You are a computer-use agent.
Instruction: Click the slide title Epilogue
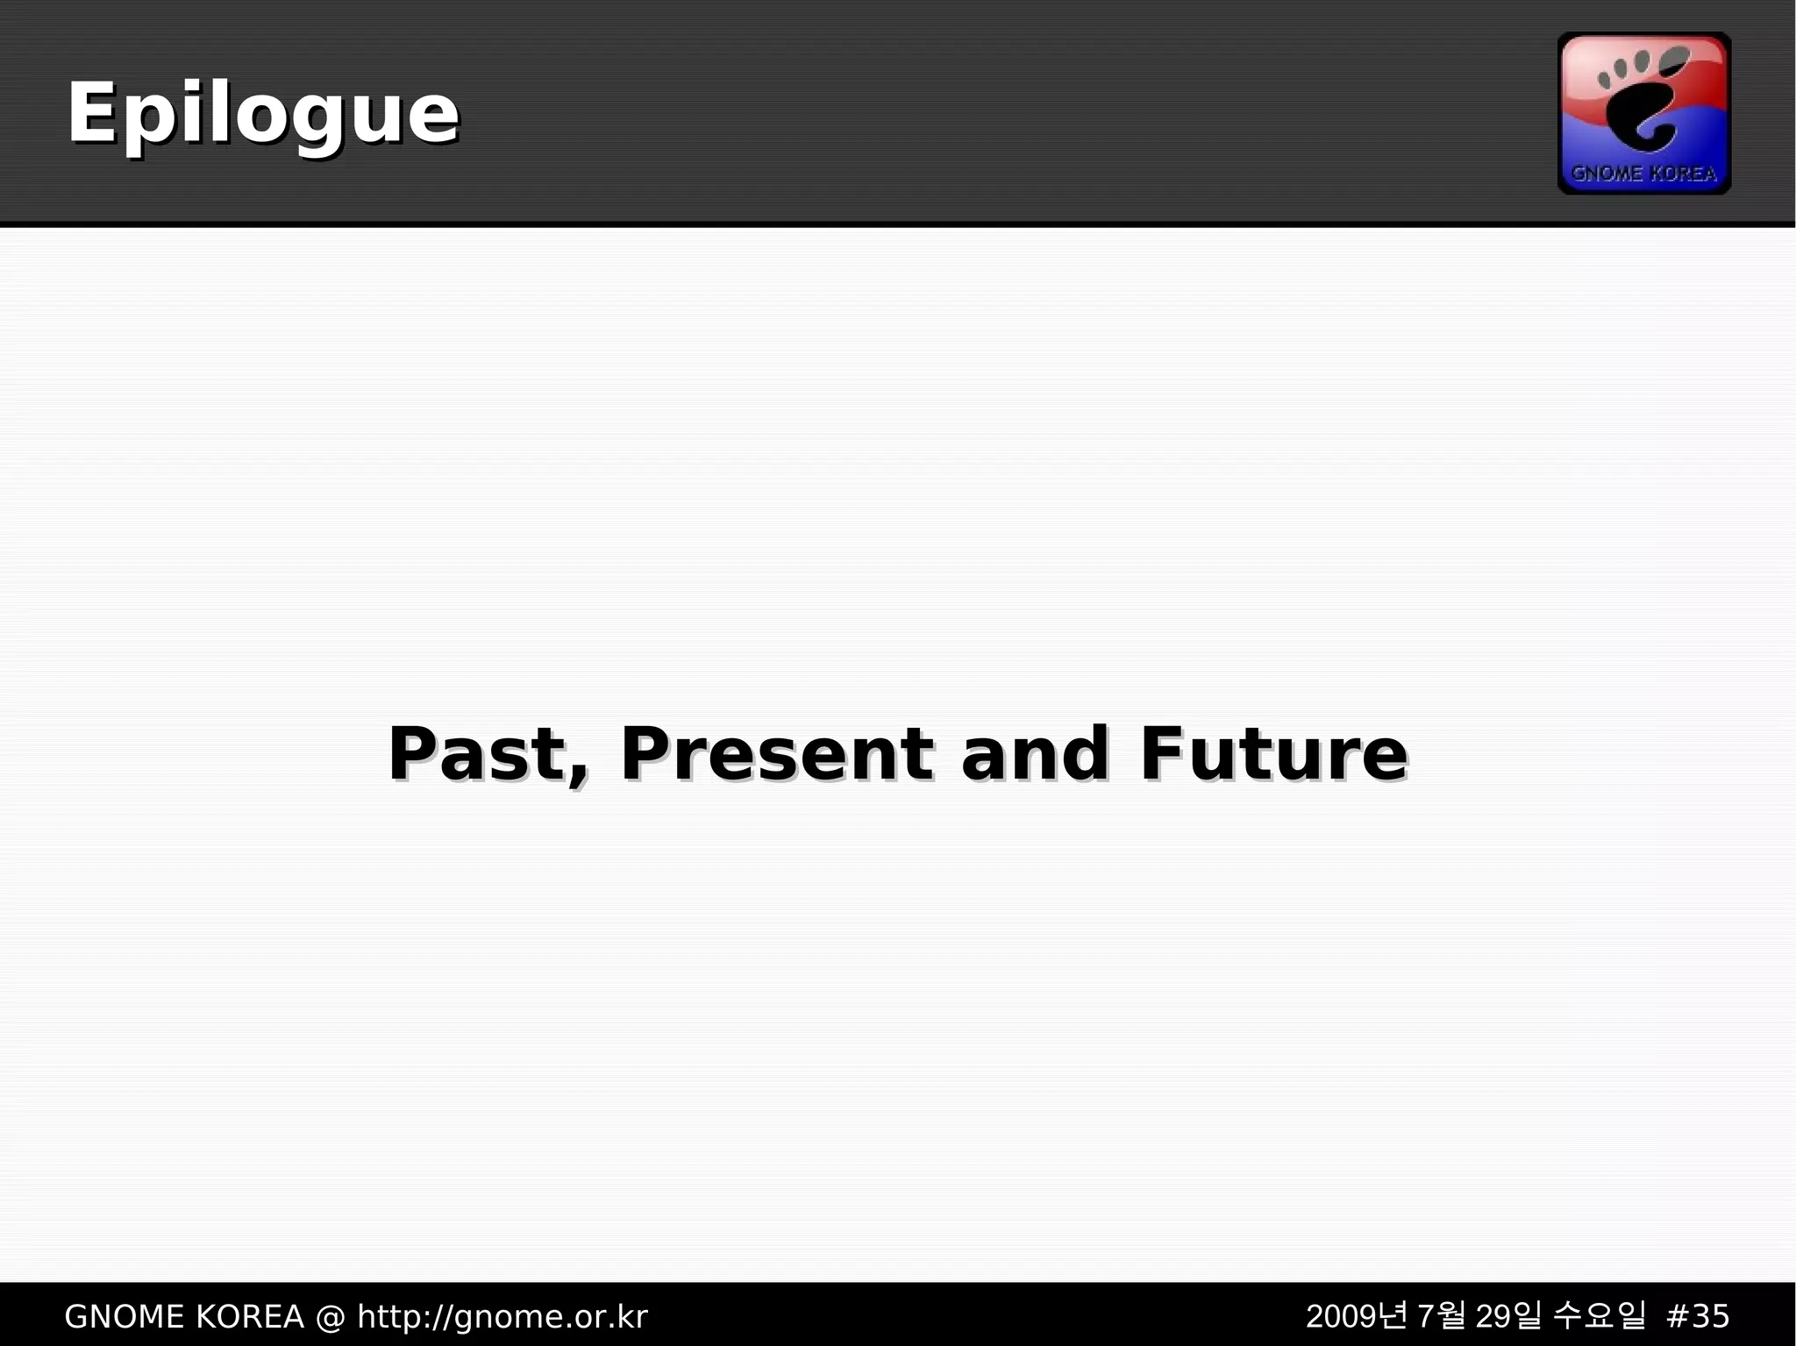(263, 114)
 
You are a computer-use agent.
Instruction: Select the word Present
(776, 754)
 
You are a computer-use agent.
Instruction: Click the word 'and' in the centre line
(1035, 754)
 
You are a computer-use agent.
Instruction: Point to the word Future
(1273, 754)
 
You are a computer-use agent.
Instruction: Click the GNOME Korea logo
(1643, 113)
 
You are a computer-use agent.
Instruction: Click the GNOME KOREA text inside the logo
(1643, 174)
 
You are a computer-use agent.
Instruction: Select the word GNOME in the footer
(124, 1317)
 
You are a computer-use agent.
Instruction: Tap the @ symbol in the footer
(331, 1317)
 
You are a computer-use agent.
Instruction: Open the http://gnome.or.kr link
(502, 1317)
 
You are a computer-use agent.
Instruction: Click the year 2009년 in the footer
(1356, 1316)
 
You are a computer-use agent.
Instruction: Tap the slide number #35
(1697, 1317)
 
